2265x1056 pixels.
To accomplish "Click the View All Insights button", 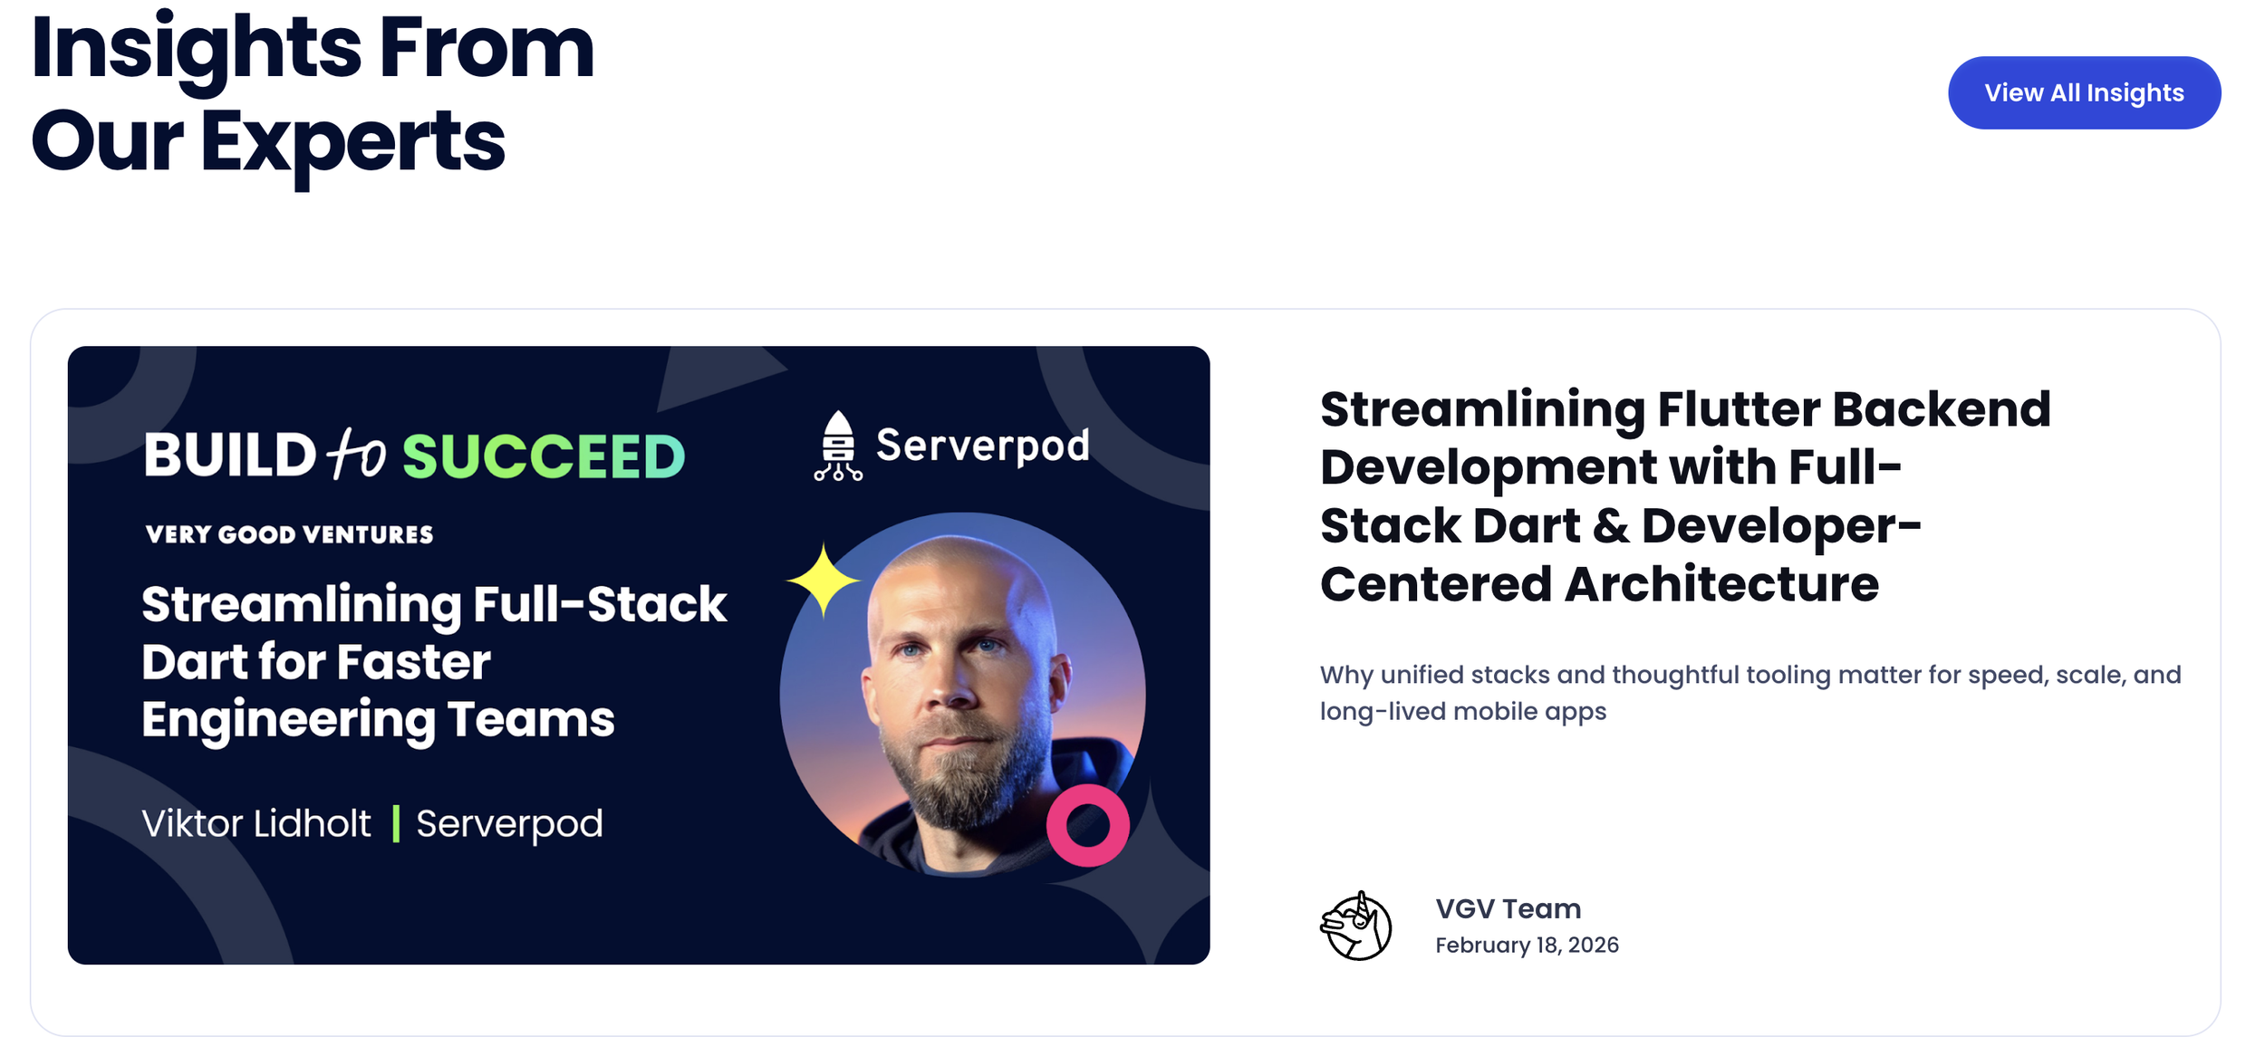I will point(2083,93).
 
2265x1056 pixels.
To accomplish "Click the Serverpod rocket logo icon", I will point(837,446).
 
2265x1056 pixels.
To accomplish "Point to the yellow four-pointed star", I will point(822,581).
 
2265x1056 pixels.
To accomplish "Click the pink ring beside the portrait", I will point(1087,825).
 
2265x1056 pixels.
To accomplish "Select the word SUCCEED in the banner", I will point(544,456).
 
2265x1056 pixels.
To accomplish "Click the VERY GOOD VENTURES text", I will point(289,534).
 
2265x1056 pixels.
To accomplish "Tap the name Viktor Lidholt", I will point(256,824).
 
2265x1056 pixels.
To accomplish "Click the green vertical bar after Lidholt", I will point(396,824).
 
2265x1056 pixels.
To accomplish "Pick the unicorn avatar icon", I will point(1355,926).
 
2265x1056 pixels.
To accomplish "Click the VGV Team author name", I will point(1508,908).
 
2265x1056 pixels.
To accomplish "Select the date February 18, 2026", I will point(1527,946).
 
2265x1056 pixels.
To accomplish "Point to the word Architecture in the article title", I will point(1721,584).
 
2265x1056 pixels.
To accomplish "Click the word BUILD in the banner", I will point(229,455).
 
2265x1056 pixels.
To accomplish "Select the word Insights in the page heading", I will point(196,50).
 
